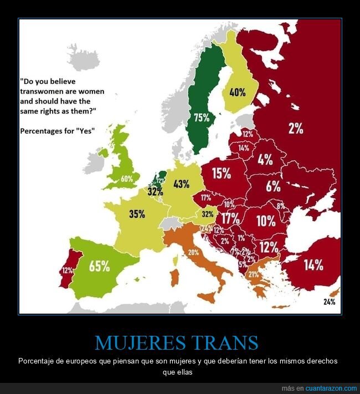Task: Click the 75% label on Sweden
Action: point(202,117)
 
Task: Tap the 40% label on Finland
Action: point(238,93)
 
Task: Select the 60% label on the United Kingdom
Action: point(127,178)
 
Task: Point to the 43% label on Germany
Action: point(181,184)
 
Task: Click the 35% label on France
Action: point(137,214)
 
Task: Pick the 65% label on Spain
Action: point(99,265)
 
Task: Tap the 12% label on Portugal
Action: point(68,270)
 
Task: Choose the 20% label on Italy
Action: point(193,252)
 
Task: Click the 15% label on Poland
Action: point(221,173)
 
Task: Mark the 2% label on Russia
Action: point(295,129)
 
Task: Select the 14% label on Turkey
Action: point(313,265)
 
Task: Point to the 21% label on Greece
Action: point(254,274)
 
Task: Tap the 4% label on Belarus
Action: point(265,160)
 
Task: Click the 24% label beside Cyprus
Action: point(330,302)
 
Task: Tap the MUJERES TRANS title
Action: point(177,342)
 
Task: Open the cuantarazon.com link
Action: point(331,388)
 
